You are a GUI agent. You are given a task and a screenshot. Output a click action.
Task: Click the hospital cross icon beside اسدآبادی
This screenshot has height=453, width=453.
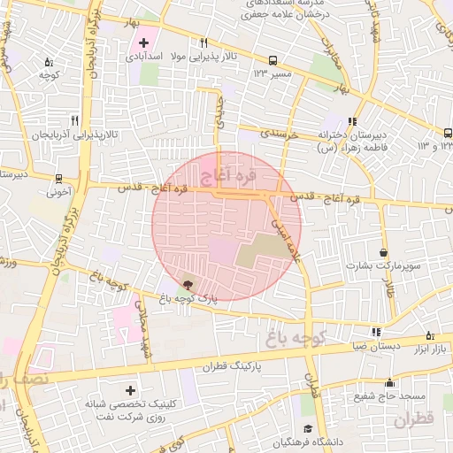tap(143, 42)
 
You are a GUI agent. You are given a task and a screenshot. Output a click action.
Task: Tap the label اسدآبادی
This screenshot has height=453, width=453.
tap(141, 57)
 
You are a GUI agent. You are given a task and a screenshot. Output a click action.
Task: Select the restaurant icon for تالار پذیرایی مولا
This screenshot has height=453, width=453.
tap(204, 42)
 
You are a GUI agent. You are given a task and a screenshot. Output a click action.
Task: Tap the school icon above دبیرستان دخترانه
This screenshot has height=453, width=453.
tap(352, 121)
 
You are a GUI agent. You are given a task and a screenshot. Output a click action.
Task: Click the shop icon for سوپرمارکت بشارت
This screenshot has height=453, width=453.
tap(383, 252)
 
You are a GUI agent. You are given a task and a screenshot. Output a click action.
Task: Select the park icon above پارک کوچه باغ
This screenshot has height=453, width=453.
tap(187, 285)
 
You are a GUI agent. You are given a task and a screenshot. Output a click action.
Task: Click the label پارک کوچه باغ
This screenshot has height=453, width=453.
tap(189, 300)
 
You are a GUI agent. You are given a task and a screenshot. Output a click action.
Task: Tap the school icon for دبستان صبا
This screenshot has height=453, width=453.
tap(376, 333)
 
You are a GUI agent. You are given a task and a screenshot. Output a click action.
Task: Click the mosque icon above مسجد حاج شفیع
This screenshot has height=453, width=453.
tap(390, 382)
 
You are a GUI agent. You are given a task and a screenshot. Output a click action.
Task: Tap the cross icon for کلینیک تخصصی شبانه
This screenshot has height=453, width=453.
tap(131, 389)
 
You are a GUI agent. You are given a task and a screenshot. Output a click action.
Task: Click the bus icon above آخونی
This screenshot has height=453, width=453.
tap(58, 178)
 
